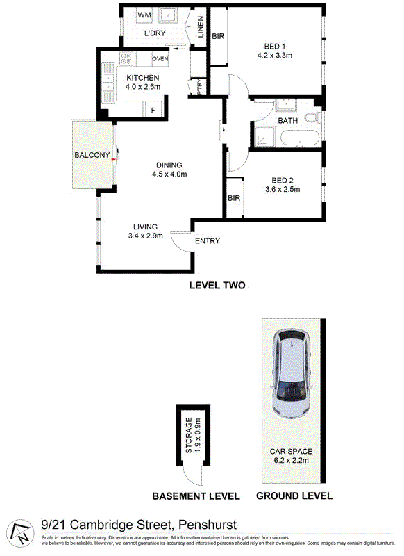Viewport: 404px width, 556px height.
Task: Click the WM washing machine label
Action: pyautogui.click(x=144, y=15)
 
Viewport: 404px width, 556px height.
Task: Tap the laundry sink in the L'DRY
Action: pyautogui.click(x=167, y=15)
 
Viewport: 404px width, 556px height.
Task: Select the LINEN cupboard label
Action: pyautogui.click(x=201, y=27)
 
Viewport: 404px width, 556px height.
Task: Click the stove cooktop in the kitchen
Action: pyautogui.click(x=126, y=58)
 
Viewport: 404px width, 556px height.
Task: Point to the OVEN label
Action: pyautogui.click(x=160, y=58)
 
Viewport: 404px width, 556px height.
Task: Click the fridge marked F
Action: pyautogui.click(x=153, y=108)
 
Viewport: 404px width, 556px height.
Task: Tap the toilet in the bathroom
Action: pyautogui.click(x=312, y=117)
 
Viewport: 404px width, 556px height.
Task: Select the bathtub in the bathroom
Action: pyautogui.click(x=300, y=138)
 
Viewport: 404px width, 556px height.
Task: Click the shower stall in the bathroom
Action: pyautogui.click(x=265, y=136)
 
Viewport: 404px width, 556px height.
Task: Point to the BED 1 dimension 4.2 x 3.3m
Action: pyautogui.click(x=275, y=56)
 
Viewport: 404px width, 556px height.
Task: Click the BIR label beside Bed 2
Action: pyautogui.click(x=234, y=198)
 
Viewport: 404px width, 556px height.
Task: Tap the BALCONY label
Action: pyautogui.click(x=92, y=155)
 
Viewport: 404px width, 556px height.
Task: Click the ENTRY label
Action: pyautogui.click(x=208, y=240)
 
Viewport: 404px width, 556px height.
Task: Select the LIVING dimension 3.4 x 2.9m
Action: pyautogui.click(x=146, y=236)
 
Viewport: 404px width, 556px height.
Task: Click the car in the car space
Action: pyautogui.click(x=292, y=373)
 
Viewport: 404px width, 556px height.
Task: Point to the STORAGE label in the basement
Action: pyautogui.click(x=189, y=435)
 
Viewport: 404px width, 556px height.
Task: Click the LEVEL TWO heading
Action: pyautogui.click(x=217, y=286)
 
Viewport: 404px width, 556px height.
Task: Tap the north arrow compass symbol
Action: pyautogui.click(x=20, y=533)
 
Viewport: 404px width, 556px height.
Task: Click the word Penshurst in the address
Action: pyautogui.click(x=208, y=525)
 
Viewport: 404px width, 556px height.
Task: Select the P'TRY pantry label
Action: pyautogui.click(x=199, y=86)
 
